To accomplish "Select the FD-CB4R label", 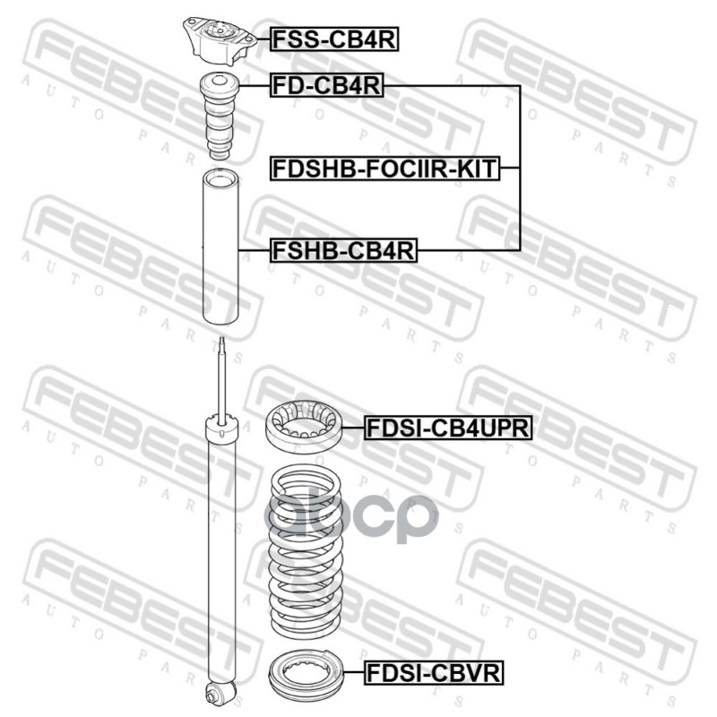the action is pyautogui.click(x=327, y=86).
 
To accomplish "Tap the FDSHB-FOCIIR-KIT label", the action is pyautogui.click(x=384, y=168).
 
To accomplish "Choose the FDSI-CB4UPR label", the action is pyautogui.click(x=448, y=429).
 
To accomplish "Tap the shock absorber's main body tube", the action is pyautogui.click(x=220, y=556).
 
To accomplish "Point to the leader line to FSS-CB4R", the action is pyautogui.click(x=258, y=39).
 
